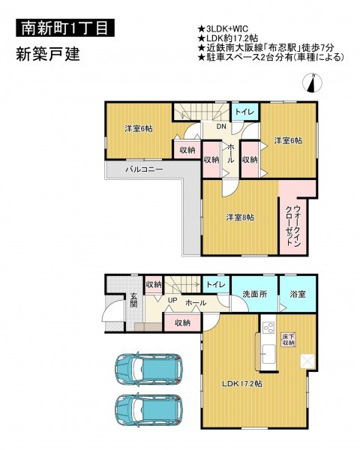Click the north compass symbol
312,83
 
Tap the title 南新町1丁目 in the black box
65,28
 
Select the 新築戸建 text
48,54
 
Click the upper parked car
148,369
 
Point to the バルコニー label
144,169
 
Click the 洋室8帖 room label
240,217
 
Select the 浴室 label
298,294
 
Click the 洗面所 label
255,294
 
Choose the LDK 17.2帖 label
242,383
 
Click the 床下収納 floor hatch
289,340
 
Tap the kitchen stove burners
268,328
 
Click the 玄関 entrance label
133,300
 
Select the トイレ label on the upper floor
245,112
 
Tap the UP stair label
172,300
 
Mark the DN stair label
221,126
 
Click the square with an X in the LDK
307,361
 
